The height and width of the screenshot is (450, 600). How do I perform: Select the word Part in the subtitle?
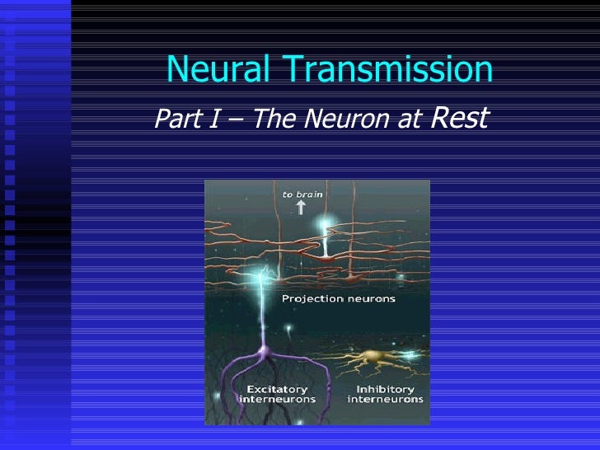click(x=174, y=120)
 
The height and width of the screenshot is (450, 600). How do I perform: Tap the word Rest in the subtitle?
click(x=460, y=117)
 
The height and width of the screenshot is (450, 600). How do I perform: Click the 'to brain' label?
click(x=302, y=195)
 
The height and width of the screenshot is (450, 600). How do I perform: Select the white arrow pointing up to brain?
click(x=301, y=208)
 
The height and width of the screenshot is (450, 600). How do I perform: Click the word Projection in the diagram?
click(x=311, y=298)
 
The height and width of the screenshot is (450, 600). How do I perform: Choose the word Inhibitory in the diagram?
click(x=385, y=389)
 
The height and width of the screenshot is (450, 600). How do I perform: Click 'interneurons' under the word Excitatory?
click(x=276, y=400)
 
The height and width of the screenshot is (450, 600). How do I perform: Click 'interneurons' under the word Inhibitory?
click(x=385, y=400)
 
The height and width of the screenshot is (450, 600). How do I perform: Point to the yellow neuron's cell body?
click(x=371, y=358)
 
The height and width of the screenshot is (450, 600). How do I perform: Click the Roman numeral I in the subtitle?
click(x=206, y=120)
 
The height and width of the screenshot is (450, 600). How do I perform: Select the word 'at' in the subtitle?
click(x=409, y=121)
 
